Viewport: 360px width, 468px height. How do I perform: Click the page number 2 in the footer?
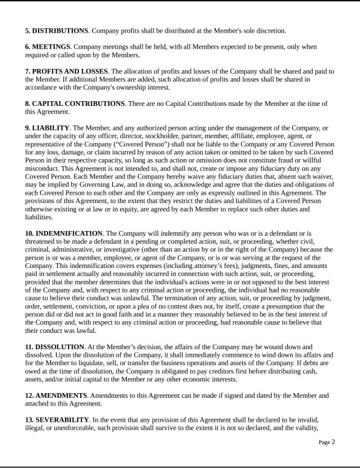pyautogui.click(x=333, y=442)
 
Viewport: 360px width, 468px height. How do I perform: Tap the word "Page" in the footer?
pyautogui.click(x=324, y=443)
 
